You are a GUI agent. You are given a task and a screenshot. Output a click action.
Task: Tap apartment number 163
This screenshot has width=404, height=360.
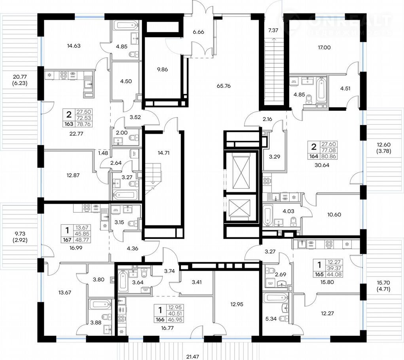coord(69,124)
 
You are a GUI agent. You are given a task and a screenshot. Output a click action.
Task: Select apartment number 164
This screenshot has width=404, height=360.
coord(314,156)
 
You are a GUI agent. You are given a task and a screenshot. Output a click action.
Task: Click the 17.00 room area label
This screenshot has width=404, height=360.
coord(324,48)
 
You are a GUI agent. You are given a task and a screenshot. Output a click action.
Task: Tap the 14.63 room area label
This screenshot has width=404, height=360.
coord(74,46)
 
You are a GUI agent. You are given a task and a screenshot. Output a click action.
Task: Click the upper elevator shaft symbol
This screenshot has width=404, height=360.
coord(242,172)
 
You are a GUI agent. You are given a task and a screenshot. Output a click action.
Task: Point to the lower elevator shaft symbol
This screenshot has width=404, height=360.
coord(242,208)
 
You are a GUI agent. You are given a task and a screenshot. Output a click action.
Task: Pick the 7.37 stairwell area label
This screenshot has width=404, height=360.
coord(273,30)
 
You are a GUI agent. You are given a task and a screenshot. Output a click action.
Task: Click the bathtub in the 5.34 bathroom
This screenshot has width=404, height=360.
coord(276,298)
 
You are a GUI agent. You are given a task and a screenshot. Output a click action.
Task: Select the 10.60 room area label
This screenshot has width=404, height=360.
coord(334,215)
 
